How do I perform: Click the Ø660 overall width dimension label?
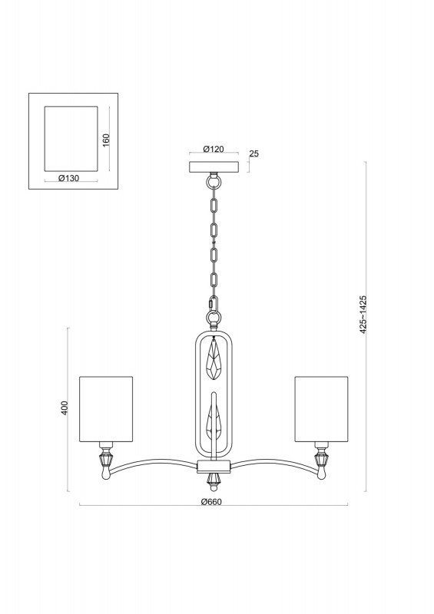tap(211, 502)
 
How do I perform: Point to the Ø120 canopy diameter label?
tap(214, 149)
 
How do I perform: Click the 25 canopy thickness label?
tap(254, 153)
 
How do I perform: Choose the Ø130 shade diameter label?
tap(68, 178)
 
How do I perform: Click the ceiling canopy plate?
tap(214, 167)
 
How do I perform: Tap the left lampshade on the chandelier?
tap(106, 409)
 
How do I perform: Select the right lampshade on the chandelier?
tap(322, 409)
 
